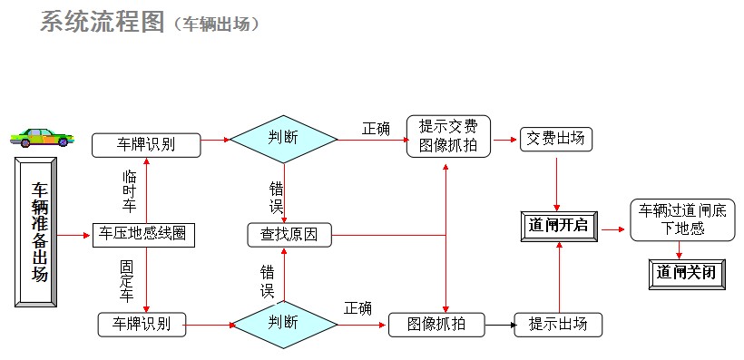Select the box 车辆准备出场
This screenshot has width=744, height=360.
39,231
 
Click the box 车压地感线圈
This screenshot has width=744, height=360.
144,234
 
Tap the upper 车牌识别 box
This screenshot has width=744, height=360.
146,143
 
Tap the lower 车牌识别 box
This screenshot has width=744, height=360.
142,324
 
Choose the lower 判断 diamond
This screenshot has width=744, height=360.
283,324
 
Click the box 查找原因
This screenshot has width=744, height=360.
289,235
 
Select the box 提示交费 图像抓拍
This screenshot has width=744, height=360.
448,135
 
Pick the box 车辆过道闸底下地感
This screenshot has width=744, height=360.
679,219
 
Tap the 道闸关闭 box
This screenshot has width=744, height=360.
687,272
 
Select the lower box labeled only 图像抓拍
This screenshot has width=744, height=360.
436,324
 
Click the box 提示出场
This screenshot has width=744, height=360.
558,324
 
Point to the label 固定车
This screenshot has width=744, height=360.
127,281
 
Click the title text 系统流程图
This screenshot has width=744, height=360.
99,22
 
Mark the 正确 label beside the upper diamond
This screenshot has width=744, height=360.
376,128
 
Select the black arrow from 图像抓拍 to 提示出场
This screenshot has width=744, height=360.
499,324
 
